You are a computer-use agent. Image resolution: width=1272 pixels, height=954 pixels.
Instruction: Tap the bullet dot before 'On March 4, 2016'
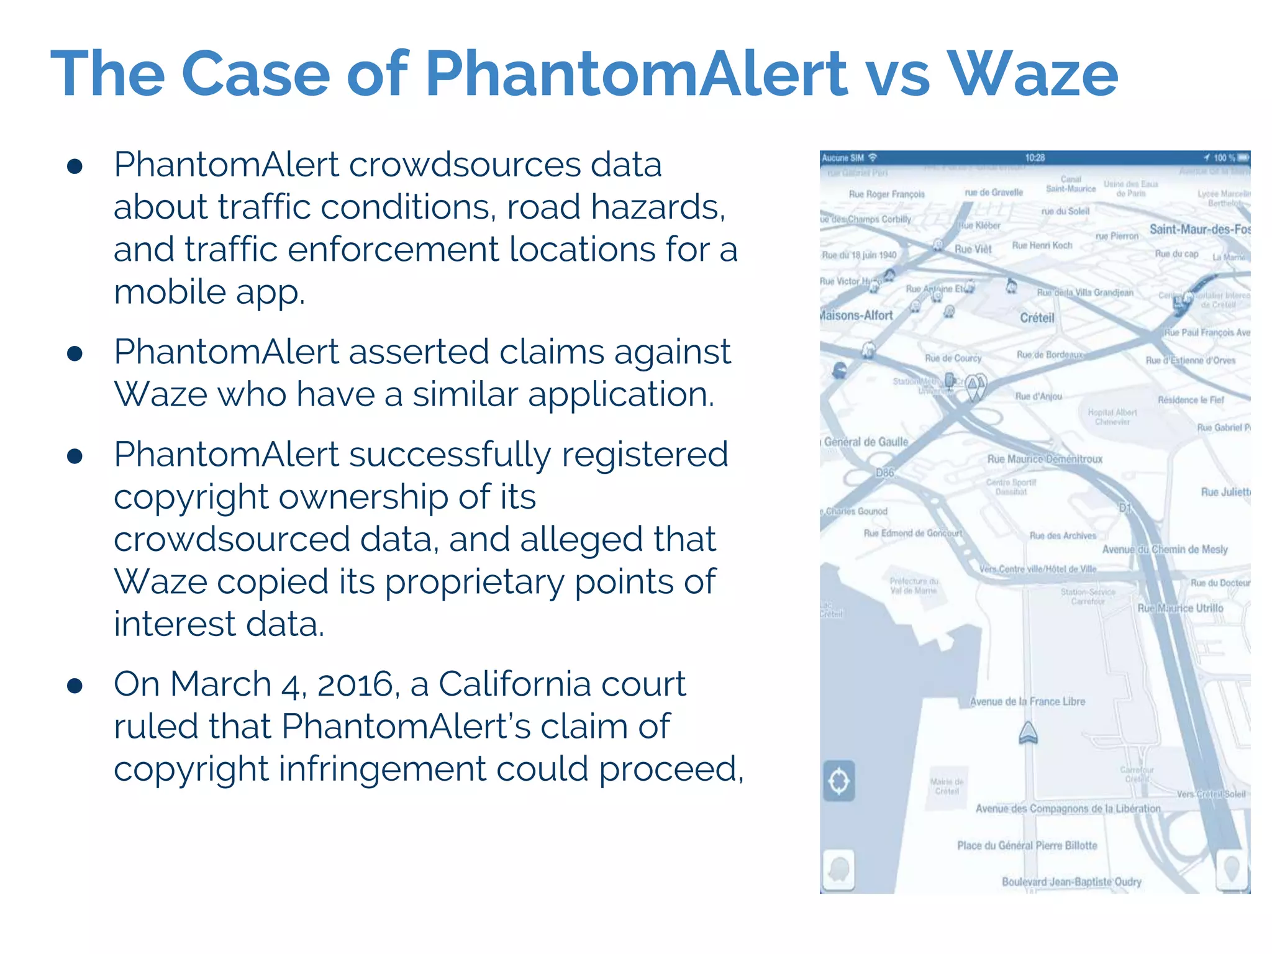pos(75,686)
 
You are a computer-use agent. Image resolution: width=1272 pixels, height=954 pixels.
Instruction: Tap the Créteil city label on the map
pos(1037,318)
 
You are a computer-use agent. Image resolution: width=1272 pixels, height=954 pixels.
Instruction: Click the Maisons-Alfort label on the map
pos(856,316)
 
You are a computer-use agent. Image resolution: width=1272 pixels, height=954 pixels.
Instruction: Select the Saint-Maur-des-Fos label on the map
pos(1199,229)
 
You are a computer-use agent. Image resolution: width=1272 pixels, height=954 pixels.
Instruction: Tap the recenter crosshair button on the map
pos(839,781)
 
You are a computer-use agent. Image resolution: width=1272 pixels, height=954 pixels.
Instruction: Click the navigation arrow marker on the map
pos(1028,733)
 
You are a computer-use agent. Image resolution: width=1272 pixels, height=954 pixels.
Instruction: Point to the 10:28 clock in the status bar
pos(1035,158)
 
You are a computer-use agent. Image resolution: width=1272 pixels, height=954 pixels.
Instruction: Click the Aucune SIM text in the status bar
pos(843,158)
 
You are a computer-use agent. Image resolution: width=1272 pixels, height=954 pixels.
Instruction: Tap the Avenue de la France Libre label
pos(1027,701)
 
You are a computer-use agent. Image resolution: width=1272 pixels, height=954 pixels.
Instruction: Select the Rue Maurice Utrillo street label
pos(1180,608)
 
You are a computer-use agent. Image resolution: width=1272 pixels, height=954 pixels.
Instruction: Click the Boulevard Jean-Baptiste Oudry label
pos(1071,882)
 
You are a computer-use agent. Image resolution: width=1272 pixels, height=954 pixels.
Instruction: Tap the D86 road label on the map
pos(885,473)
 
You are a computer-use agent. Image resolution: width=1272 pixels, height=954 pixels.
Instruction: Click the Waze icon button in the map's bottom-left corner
pos(838,870)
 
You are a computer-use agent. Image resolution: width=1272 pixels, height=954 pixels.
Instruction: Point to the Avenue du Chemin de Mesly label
pos(1165,549)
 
